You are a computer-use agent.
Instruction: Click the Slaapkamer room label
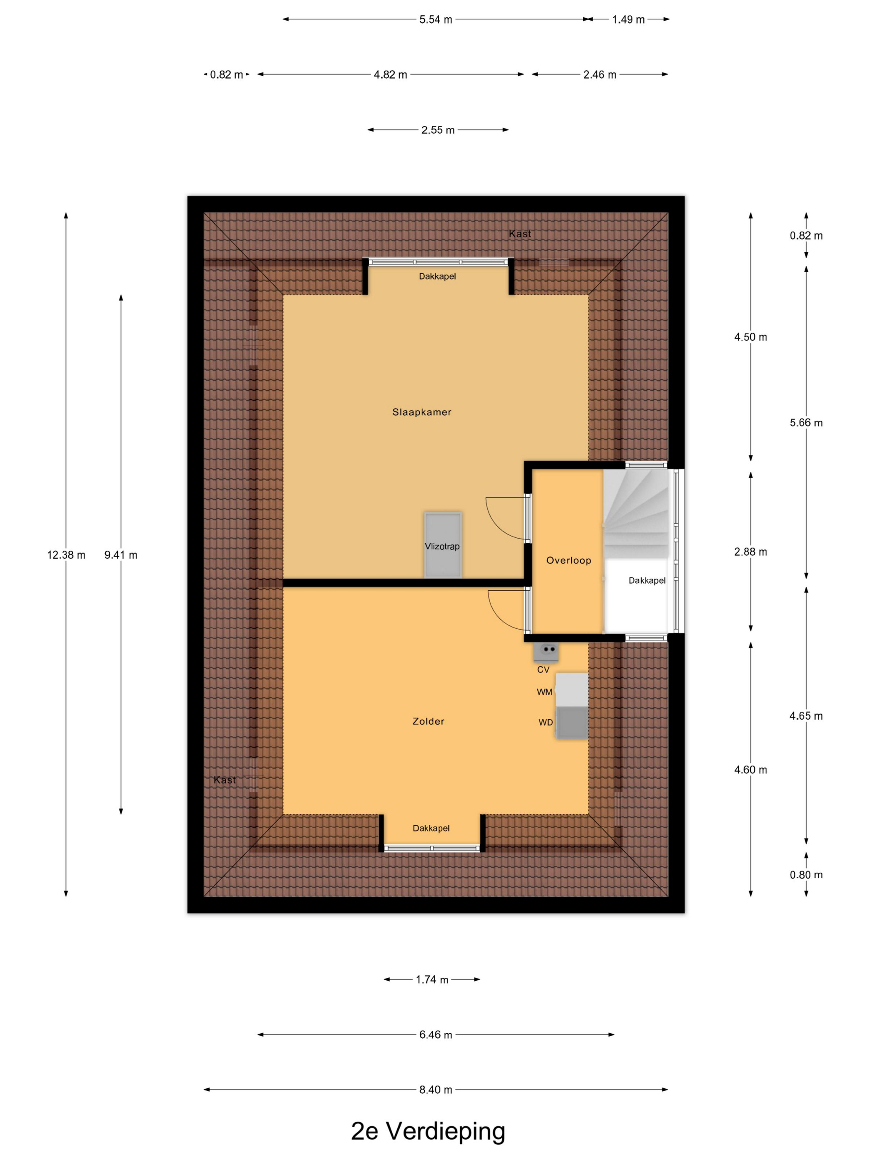click(x=422, y=412)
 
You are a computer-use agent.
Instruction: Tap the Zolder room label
click(x=428, y=722)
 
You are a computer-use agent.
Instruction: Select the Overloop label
click(x=568, y=561)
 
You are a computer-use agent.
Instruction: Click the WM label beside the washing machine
click(x=544, y=692)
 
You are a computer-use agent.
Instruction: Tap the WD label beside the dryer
click(x=545, y=723)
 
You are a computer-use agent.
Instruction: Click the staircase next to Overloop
click(x=636, y=514)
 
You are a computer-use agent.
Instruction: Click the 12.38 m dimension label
click(x=66, y=555)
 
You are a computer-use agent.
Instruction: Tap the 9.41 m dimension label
click(x=121, y=555)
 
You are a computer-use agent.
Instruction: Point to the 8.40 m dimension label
click(x=435, y=1090)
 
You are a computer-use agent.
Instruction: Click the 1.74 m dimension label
click(x=432, y=980)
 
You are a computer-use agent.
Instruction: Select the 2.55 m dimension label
click(x=438, y=130)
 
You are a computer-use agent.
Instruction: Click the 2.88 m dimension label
click(x=750, y=552)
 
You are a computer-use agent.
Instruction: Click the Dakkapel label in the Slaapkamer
click(x=437, y=276)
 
